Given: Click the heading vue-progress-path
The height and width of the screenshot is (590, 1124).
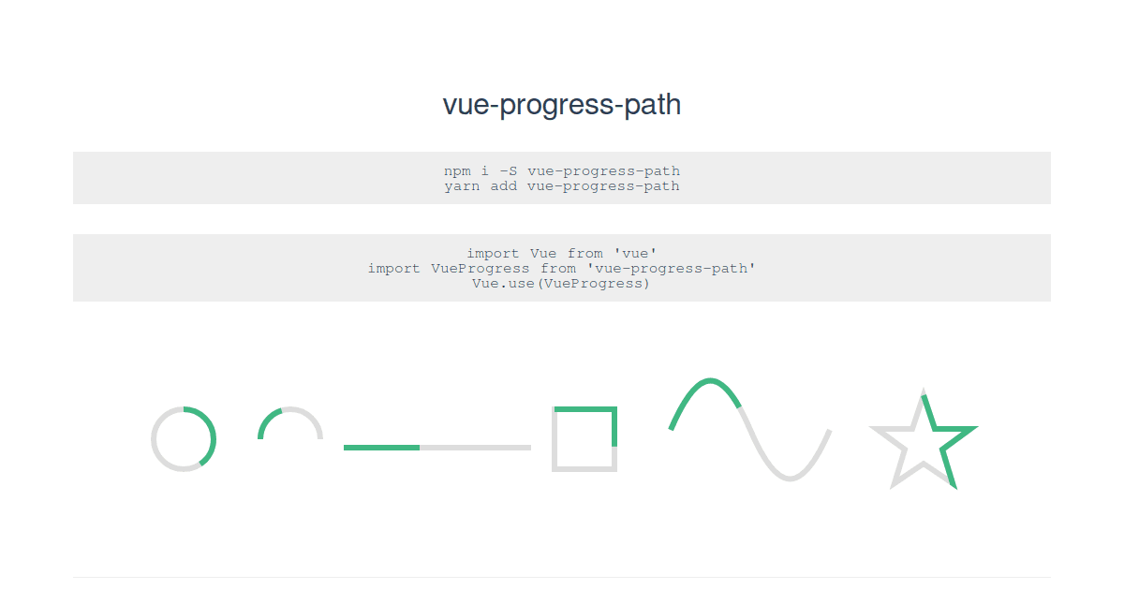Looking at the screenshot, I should (561, 105).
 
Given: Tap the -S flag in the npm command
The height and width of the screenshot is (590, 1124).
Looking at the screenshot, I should (508, 171).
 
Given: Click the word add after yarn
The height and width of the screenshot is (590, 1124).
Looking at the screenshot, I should (504, 186).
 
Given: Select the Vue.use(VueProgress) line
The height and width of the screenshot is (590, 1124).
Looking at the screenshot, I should (561, 284).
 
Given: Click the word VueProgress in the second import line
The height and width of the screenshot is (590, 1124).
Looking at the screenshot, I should (480, 269).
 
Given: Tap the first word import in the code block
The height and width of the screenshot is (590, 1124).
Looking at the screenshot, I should (494, 254).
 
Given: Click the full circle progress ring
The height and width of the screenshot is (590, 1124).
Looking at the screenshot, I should (184, 439).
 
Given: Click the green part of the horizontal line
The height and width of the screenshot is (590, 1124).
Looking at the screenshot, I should (381, 448).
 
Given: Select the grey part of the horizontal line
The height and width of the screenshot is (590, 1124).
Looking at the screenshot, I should (475, 448).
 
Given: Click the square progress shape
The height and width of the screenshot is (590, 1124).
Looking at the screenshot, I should (584, 439).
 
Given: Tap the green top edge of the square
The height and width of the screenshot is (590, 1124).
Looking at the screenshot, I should (584, 409).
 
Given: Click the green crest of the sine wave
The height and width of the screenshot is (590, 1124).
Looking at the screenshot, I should (710, 381).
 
